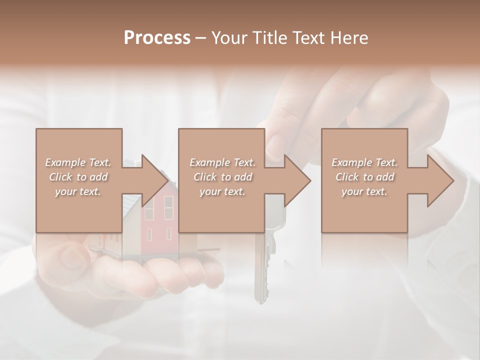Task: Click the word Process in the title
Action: pyautogui.click(x=157, y=38)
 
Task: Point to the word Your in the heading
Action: pyautogui.click(x=228, y=38)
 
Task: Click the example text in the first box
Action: pyautogui.click(x=78, y=177)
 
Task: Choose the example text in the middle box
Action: pyautogui.click(x=222, y=177)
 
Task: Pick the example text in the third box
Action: pyautogui.click(x=364, y=177)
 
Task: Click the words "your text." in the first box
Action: pyautogui.click(x=78, y=191)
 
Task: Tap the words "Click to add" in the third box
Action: pyautogui.click(x=364, y=177)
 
